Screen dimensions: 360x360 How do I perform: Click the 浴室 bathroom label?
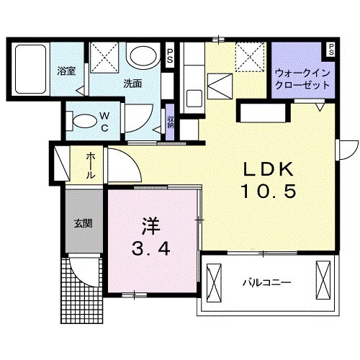click(x=66, y=71)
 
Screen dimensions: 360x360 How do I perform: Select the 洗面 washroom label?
click(x=132, y=84)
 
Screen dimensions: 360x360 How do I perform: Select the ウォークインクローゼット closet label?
click(x=302, y=78)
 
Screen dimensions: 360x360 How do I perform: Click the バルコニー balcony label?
click(x=266, y=282)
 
